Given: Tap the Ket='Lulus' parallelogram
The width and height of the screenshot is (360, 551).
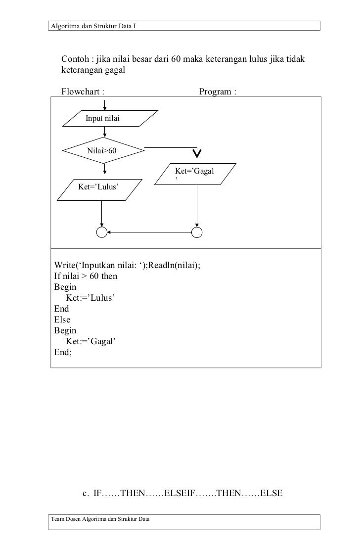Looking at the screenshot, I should pos(99,189).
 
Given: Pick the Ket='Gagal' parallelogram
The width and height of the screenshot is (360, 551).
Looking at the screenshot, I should pos(194,174).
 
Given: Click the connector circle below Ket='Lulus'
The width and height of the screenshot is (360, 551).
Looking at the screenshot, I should pos(101,232).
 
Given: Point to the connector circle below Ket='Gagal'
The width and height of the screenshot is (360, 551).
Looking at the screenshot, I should pos(197,232).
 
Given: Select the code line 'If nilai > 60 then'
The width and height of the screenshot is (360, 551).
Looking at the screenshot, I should pos(86,276).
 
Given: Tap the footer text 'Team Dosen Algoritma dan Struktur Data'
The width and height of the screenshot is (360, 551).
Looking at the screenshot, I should pos(99,518).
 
